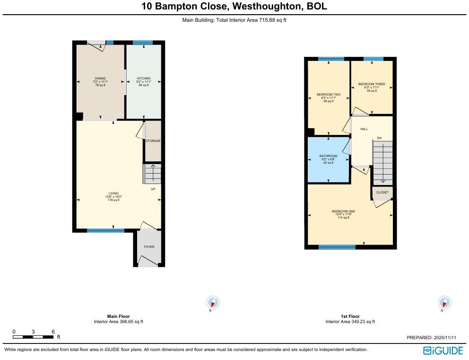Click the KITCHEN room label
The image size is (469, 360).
(144, 78)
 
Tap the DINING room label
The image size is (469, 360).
(100, 78)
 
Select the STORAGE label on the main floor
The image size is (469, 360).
(153, 141)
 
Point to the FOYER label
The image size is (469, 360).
(149, 246)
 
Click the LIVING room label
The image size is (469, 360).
(113, 193)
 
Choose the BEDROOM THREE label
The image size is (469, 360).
(372, 84)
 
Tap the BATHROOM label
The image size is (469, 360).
(328, 156)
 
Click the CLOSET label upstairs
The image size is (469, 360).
(382, 193)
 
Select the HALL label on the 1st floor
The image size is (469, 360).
(364, 129)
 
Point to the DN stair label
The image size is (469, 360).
(379, 138)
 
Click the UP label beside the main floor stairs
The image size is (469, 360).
(153, 189)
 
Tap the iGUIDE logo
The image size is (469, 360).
(443, 351)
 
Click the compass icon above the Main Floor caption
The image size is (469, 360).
(213, 302)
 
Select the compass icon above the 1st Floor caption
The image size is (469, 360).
(444, 302)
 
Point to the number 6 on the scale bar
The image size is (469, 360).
(53, 331)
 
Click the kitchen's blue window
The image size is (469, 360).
(142, 43)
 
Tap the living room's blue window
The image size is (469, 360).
(105, 230)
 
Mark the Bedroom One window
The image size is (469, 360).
(337, 247)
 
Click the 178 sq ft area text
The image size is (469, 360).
(113, 201)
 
